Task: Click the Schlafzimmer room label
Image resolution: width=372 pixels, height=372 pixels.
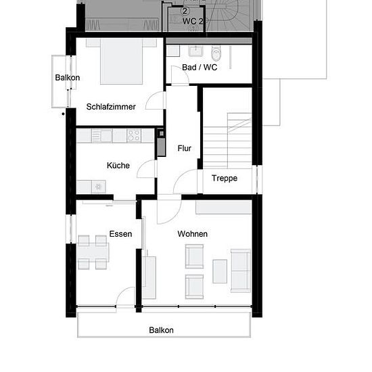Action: [111, 107]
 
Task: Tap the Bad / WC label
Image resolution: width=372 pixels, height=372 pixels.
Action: [200, 68]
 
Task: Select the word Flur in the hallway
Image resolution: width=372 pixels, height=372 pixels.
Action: [185, 148]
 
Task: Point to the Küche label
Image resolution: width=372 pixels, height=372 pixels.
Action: [118, 165]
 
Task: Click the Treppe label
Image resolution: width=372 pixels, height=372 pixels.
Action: [224, 178]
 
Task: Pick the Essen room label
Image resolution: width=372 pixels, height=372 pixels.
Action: [120, 234]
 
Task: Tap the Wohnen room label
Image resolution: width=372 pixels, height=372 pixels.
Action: [192, 234]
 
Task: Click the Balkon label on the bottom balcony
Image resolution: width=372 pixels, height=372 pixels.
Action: [161, 330]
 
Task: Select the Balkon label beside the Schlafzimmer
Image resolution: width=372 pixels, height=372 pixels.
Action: [68, 78]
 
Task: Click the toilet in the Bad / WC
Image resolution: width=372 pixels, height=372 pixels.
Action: [216, 53]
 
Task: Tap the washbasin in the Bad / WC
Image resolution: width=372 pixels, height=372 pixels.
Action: [195, 51]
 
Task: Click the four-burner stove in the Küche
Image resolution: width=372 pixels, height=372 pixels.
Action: [134, 136]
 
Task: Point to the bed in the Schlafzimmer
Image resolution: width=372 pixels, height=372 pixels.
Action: [121, 62]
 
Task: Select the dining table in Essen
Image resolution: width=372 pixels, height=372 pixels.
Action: [93, 252]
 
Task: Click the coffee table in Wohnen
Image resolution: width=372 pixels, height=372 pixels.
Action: [220, 271]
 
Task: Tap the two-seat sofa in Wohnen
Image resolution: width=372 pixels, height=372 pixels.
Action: [241, 271]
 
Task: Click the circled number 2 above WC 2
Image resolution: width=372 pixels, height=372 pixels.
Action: [185, 11]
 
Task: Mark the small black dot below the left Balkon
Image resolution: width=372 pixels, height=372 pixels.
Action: [63, 114]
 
